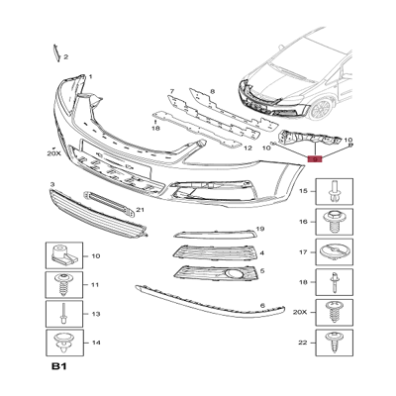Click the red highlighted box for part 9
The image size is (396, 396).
(314, 159)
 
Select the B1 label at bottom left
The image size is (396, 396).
(59, 366)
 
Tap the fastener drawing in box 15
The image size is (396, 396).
(334, 191)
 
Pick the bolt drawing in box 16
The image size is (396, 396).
(334, 222)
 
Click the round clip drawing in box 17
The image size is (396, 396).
(335, 252)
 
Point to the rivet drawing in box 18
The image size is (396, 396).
(335, 282)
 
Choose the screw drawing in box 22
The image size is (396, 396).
(334, 343)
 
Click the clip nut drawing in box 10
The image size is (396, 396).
(64, 255)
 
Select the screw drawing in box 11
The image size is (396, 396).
(64, 285)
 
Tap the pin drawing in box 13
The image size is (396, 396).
(62, 314)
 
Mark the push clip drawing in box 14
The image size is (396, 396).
(63, 343)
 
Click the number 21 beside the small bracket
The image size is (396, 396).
(141, 210)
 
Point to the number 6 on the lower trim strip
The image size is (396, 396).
(262, 306)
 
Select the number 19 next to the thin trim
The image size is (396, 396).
(260, 229)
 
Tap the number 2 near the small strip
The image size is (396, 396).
(65, 57)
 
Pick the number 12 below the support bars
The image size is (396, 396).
(247, 148)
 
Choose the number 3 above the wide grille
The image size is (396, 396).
(52, 184)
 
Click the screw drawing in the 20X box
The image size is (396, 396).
(334, 312)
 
